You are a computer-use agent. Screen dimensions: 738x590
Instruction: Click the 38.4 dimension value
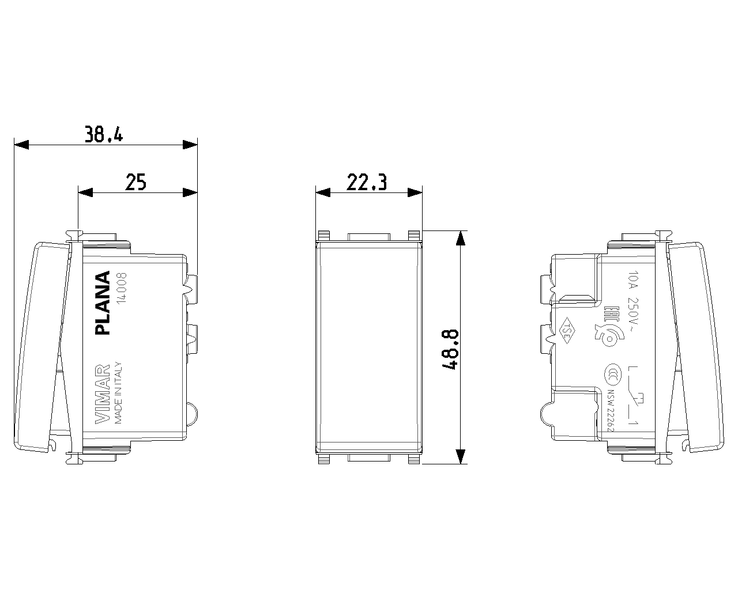[x=104, y=134]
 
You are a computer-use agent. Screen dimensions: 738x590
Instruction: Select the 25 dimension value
[x=136, y=182]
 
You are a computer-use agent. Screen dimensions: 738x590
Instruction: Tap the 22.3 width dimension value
[x=367, y=182]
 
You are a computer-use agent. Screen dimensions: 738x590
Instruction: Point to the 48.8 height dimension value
[x=450, y=349]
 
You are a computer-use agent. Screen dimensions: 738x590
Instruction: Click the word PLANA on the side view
[x=102, y=302]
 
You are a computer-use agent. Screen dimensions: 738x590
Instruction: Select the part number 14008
[x=122, y=288]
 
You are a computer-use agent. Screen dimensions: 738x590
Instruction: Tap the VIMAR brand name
[x=102, y=394]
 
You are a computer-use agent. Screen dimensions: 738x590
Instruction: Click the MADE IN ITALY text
[x=118, y=393]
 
